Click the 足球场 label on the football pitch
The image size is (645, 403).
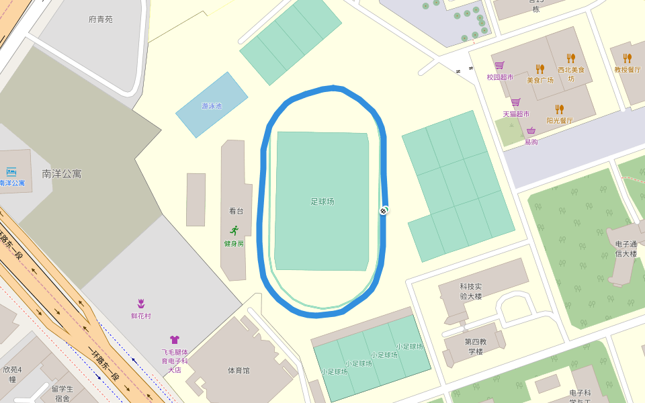pyautogui.click(x=322, y=201)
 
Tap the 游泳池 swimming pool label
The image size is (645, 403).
pyautogui.click(x=211, y=106)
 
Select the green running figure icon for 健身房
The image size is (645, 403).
pyautogui.click(x=234, y=230)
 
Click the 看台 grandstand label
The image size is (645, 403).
pyautogui.click(x=236, y=211)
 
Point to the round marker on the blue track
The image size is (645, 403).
pyautogui.click(x=384, y=211)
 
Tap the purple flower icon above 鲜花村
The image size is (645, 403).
pyautogui.click(x=141, y=304)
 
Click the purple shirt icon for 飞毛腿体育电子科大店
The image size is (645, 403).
pyautogui.click(x=175, y=340)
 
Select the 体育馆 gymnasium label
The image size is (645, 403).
pyautogui.click(x=239, y=370)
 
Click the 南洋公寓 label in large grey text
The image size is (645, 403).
pyautogui.click(x=62, y=173)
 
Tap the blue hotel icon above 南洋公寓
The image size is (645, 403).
pyautogui.click(x=11, y=172)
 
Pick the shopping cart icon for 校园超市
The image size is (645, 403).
pyautogui.click(x=499, y=66)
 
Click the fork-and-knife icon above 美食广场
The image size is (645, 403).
pyautogui.click(x=540, y=69)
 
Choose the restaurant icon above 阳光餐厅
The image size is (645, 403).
pyautogui.click(x=559, y=109)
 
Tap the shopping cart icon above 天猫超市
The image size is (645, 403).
pyautogui.click(x=515, y=102)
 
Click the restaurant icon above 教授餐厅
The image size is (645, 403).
pyautogui.click(x=627, y=58)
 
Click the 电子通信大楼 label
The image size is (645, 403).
pyautogui.click(x=626, y=249)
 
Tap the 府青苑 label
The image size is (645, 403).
pyautogui.click(x=101, y=19)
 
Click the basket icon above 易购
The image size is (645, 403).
pyautogui.click(x=531, y=130)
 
